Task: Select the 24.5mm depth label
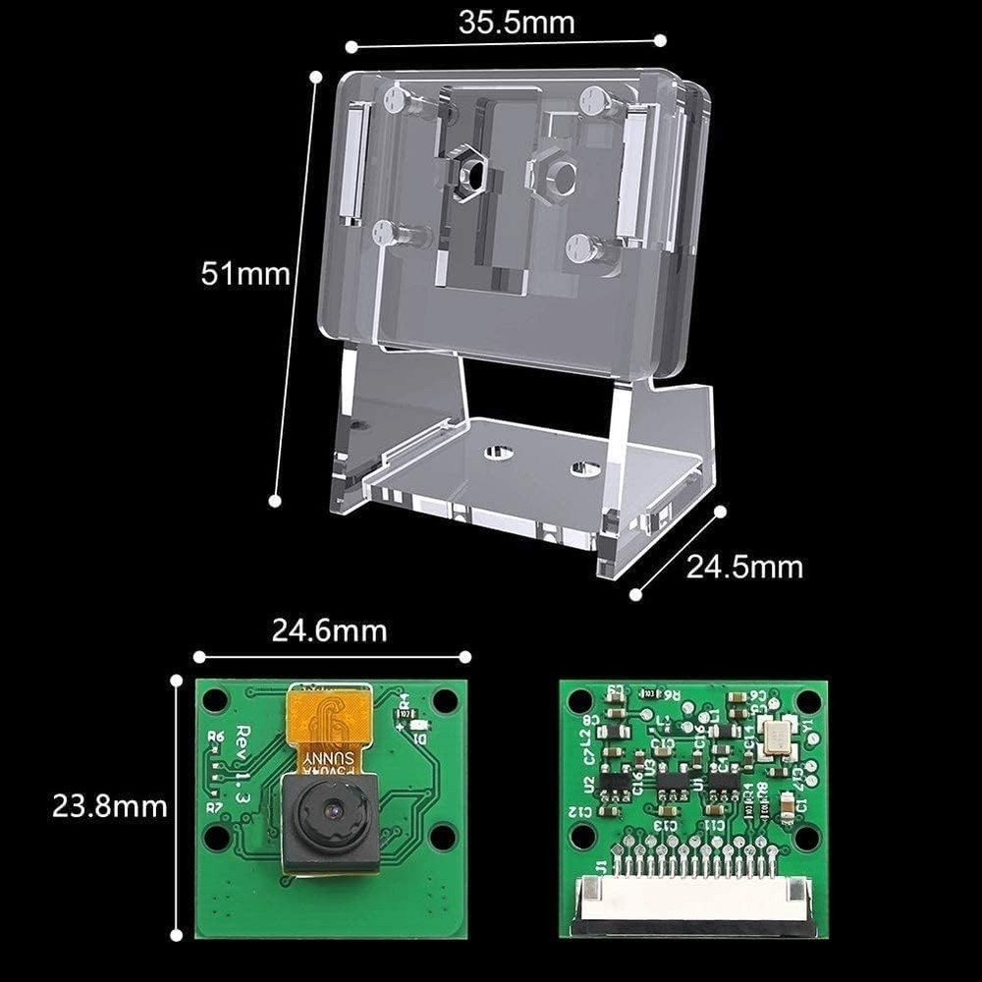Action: click(743, 567)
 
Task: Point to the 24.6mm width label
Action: click(329, 629)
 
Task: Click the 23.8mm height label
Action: click(110, 806)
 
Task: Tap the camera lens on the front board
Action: click(331, 814)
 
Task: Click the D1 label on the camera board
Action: click(420, 738)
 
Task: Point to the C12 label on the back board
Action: click(579, 812)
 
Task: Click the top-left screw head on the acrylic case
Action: click(396, 98)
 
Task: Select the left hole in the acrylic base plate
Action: click(497, 451)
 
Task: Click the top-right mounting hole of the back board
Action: click(808, 701)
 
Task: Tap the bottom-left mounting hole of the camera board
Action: click(217, 837)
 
